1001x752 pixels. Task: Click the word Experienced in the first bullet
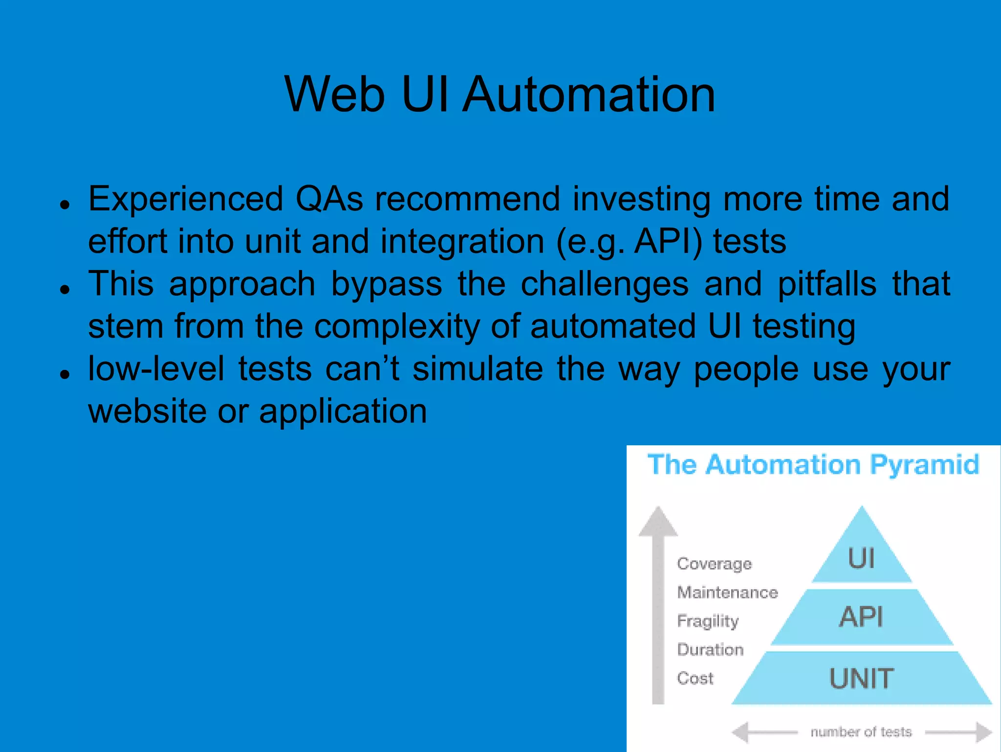(x=186, y=199)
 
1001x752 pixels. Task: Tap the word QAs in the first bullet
(x=329, y=199)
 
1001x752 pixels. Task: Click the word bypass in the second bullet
(x=386, y=285)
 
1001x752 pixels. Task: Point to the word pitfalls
(x=827, y=285)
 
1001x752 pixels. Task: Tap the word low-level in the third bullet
(x=156, y=369)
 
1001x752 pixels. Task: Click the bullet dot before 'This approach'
(x=64, y=290)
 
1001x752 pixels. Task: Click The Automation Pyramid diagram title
(x=813, y=464)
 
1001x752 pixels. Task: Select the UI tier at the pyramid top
(x=861, y=558)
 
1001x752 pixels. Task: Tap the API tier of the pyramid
(x=861, y=616)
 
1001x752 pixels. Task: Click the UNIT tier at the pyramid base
(x=861, y=678)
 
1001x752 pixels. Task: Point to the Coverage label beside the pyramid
(x=714, y=564)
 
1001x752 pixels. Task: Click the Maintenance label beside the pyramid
(x=727, y=592)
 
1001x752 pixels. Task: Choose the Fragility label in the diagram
(x=708, y=621)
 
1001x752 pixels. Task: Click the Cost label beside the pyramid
(x=695, y=678)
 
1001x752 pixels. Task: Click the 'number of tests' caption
(x=861, y=732)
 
